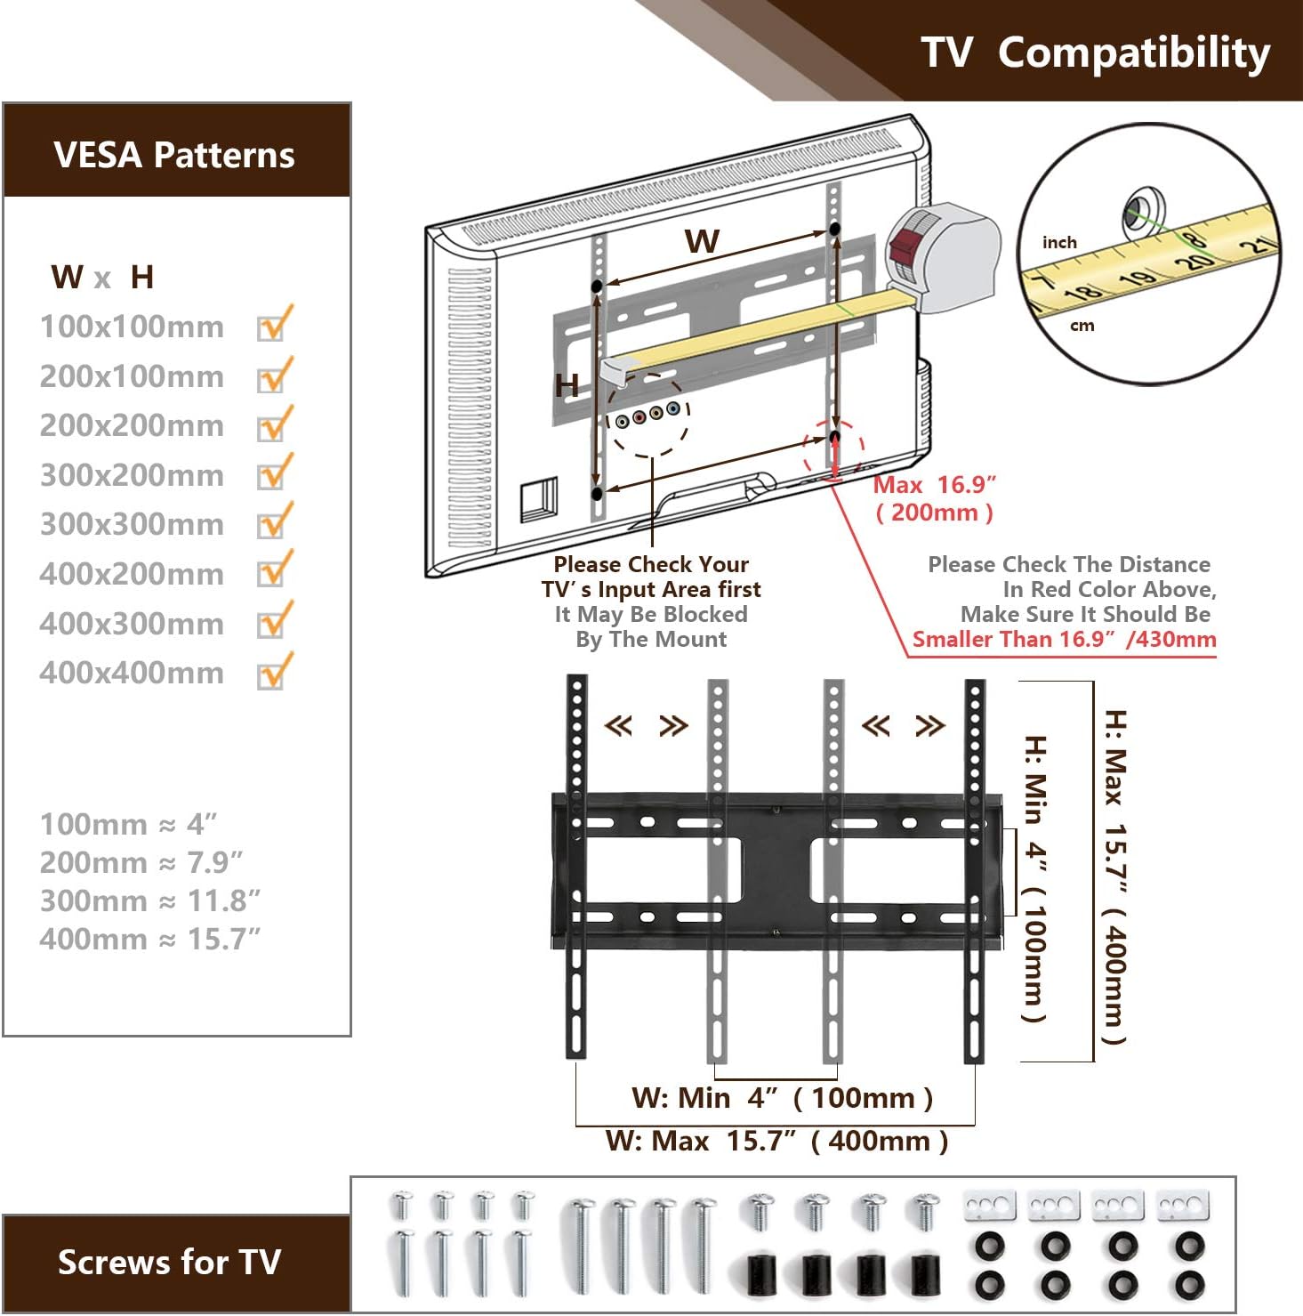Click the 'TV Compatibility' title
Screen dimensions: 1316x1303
[x=1095, y=52]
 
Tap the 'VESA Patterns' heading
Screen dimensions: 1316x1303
[x=174, y=155]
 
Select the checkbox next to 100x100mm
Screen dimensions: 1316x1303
[x=272, y=326]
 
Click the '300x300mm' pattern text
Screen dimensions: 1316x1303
[x=132, y=524]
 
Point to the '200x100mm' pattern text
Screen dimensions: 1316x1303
[x=132, y=376]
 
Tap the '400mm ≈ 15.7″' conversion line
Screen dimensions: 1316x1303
[x=149, y=939]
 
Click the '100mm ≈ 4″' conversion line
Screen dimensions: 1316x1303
[x=128, y=824]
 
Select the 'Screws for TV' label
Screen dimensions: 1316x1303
[x=169, y=1262]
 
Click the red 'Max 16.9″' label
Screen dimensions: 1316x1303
[x=934, y=485]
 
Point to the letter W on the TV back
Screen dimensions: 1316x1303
[x=702, y=241]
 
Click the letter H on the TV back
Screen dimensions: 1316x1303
[x=567, y=386]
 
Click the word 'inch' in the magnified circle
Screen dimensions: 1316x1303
[x=1059, y=243]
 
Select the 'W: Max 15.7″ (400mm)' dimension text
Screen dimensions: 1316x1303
[x=776, y=1141]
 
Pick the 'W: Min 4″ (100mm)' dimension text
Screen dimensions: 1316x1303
[x=782, y=1098]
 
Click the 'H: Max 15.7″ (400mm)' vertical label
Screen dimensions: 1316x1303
[x=1114, y=876]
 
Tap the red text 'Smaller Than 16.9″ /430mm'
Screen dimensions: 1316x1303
[x=1064, y=639]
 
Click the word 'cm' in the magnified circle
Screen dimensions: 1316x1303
[x=1082, y=326]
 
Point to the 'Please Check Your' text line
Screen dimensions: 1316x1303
[x=651, y=564]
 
